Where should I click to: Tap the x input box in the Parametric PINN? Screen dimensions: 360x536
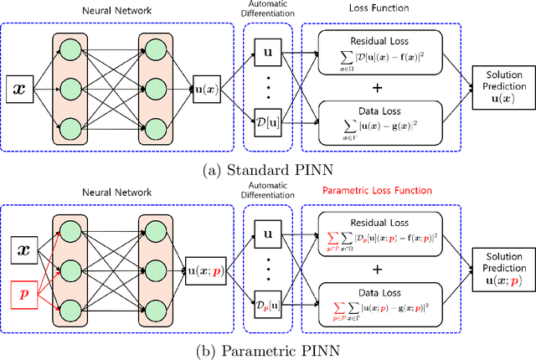pos(23,248)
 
